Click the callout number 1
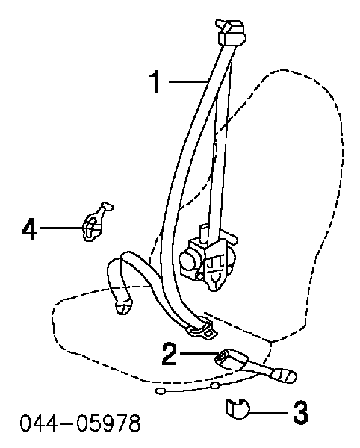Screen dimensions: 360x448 click(155, 82)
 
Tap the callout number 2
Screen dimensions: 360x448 click(170, 354)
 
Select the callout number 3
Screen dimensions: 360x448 click(300, 412)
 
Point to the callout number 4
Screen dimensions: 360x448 click(29, 228)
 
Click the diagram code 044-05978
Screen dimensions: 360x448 click(80, 423)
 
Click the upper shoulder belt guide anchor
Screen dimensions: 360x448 click(231, 32)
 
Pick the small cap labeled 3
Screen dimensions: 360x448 click(238, 409)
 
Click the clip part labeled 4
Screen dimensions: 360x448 click(96, 223)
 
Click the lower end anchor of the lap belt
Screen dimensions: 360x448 click(123, 307)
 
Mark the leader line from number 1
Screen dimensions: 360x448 click(188, 81)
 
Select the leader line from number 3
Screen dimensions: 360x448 click(270, 413)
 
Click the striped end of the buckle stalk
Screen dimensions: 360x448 click(284, 375)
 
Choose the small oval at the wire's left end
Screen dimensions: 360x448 click(160, 391)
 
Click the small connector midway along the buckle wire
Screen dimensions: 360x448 click(215, 385)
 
